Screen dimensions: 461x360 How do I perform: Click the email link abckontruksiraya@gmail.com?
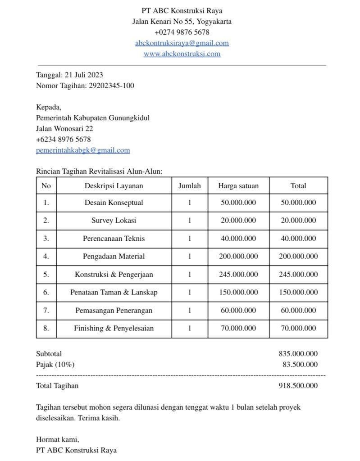point(182,43)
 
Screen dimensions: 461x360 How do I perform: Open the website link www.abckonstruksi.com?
point(182,54)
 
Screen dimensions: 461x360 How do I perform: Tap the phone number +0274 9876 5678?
point(182,32)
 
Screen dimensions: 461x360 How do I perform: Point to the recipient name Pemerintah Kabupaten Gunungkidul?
point(92,118)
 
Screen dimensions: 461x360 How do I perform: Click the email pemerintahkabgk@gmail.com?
point(83,150)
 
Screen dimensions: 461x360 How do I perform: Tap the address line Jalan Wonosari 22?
point(64,129)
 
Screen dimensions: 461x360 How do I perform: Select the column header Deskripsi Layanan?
point(114,185)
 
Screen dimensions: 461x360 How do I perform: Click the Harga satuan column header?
point(238,185)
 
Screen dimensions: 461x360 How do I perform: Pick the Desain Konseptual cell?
point(114,203)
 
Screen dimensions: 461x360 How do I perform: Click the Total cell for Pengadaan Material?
point(298,257)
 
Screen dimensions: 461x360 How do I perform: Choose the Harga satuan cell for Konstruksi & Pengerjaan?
point(238,275)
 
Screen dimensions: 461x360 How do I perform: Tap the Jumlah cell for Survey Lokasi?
point(190,221)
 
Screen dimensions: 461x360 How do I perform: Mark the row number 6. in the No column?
point(46,293)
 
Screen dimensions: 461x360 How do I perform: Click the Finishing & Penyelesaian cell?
point(114,329)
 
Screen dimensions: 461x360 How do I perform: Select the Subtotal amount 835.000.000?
point(298,354)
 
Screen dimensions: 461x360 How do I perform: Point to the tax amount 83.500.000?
point(300,365)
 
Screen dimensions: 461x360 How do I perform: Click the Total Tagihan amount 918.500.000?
point(298,386)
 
